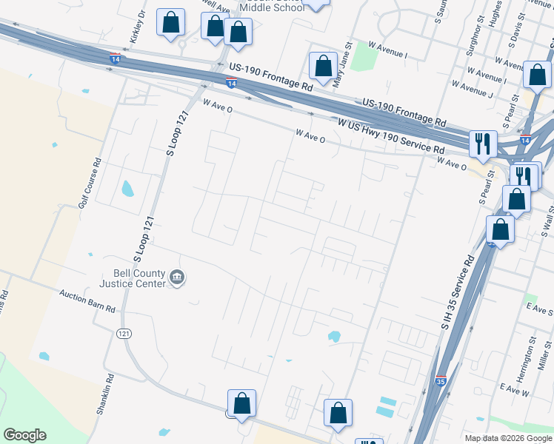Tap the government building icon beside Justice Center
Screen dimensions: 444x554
(x=178, y=278)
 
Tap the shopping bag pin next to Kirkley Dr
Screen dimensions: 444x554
(x=170, y=24)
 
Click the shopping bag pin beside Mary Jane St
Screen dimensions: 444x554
(x=323, y=67)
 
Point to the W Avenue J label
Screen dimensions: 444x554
(x=471, y=89)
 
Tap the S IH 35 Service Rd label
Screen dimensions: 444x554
(x=457, y=292)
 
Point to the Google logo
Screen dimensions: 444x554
(x=25, y=435)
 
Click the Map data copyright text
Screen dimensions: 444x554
(x=508, y=438)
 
